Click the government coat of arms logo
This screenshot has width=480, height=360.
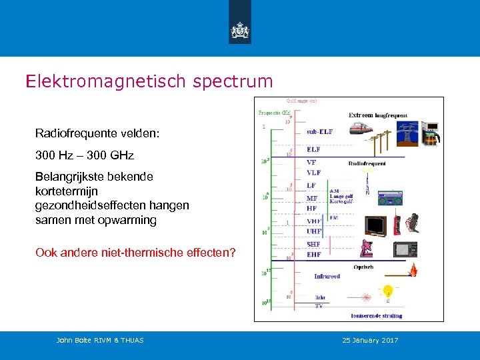click(239, 30)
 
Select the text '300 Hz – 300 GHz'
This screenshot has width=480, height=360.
click(85, 155)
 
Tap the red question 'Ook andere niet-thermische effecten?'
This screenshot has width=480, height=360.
click(135, 252)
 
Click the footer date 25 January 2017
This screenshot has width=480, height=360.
click(370, 341)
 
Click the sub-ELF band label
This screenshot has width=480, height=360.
click(319, 131)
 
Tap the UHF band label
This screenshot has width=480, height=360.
click(314, 231)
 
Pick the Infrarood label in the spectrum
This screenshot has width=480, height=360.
click(327, 275)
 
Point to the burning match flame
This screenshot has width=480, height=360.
click(414, 269)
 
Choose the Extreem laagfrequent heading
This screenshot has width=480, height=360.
click(378, 115)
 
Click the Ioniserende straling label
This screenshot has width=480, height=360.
click(380, 315)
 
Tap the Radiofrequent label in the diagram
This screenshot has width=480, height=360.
click(367, 163)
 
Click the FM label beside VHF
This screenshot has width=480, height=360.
click(334, 217)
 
